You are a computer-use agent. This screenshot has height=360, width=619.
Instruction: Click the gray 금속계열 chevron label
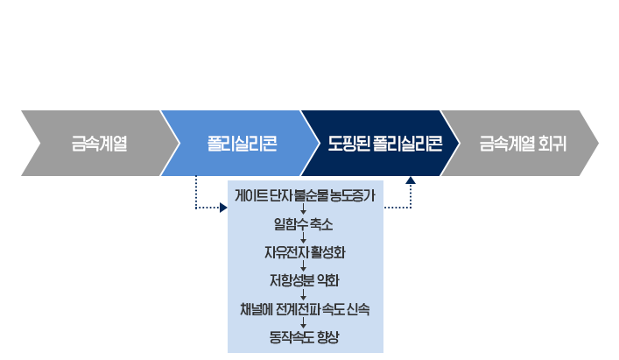(99, 144)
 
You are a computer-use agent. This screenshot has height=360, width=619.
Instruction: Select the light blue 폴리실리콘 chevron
(242, 144)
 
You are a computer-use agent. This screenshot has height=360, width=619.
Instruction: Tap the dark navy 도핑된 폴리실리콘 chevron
(384, 144)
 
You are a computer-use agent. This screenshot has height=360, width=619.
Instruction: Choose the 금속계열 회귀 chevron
(523, 144)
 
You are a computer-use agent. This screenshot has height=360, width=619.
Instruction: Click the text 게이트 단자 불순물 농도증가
(306, 197)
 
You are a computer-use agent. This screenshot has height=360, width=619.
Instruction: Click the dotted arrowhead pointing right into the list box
(222, 208)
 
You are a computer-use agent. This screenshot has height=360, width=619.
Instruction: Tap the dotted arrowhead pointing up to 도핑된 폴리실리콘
(411, 180)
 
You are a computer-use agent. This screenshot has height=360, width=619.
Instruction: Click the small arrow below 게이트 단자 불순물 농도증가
(302, 211)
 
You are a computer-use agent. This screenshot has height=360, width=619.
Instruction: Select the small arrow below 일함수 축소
(302, 239)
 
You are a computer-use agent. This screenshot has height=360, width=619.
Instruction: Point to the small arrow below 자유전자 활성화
(302, 267)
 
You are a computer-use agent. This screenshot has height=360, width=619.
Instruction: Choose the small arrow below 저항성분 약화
(302, 295)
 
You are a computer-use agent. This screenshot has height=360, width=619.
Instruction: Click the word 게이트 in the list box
(250, 197)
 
